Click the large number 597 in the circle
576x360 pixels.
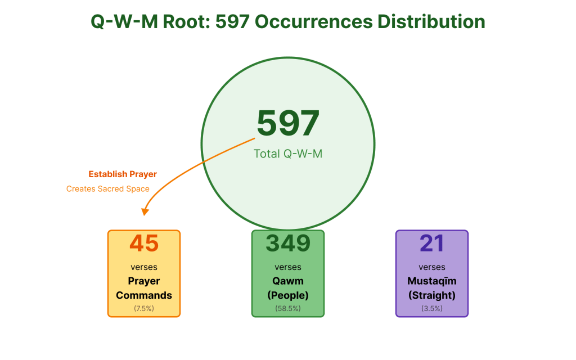pyautogui.click(x=288, y=123)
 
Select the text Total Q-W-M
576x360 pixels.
pyautogui.click(x=288, y=154)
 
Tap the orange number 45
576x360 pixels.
pyautogui.click(x=144, y=244)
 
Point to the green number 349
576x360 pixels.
pyautogui.click(x=288, y=243)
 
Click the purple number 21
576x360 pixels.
pyautogui.click(x=431, y=244)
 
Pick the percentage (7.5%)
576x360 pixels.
pyautogui.click(x=144, y=308)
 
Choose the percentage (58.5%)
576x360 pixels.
pyautogui.click(x=288, y=308)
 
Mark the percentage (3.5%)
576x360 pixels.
pyautogui.click(x=431, y=308)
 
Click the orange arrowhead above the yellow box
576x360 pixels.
pyautogui.click(x=145, y=212)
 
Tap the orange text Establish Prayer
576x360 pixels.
pyautogui.click(x=123, y=174)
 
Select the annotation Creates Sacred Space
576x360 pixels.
pyautogui.click(x=108, y=189)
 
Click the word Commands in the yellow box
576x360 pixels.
pyautogui.click(x=144, y=295)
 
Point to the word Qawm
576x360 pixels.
pyautogui.click(x=288, y=281)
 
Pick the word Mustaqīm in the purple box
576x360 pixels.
pyautogui.click(x=431, y=281)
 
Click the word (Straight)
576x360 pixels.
pyautogui.click(x=431, y=295)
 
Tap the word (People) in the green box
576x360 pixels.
pyautogui.click(x=288, y=295)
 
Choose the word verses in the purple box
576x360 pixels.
pyautogui.click(x=431, y=267)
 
